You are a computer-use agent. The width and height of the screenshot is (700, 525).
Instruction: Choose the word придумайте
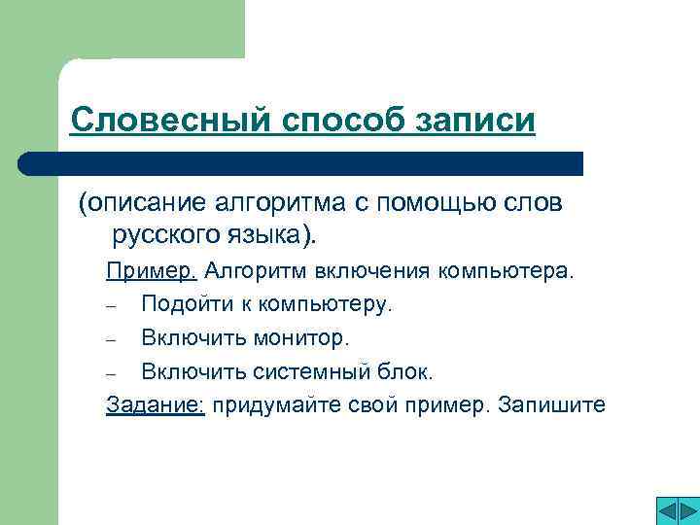[x=274, y=404]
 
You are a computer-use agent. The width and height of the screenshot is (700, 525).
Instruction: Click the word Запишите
[x=551, y=404]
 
